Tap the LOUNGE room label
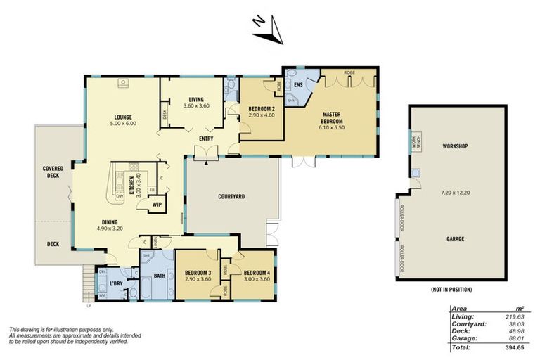click(x=124, y=117)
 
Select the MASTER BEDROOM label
click(x=331, y=117)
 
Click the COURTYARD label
click(x=231, y=197)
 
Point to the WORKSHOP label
click(x=455, y=146)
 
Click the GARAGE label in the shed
click(x=455, y=239)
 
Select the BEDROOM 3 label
click(x=198, y=273)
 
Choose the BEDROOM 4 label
click(x=257, y=273)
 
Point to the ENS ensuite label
click(x=298, y=85)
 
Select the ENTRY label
click(x=206, y=139)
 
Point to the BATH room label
click(x=160, y=276)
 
